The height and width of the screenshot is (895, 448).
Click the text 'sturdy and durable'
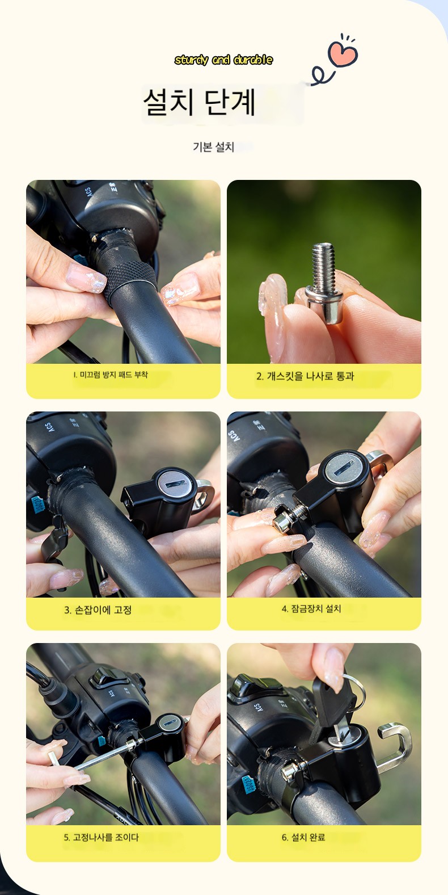tap(223, 60)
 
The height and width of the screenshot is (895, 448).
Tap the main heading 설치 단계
tap(199, 102)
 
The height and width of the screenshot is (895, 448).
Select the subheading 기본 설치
tap(213, 147)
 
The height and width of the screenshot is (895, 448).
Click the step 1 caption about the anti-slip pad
tap(111, 375)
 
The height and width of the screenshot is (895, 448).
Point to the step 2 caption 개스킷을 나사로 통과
tap(305, 376)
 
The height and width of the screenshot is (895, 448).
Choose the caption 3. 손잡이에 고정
tap(98, 610)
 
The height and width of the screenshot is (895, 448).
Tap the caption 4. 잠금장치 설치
tap(311, 608)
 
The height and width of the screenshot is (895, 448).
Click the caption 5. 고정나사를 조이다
tap(101, 837)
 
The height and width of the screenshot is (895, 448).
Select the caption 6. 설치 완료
tap(303, 837)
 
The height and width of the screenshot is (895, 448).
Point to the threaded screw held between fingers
tap(324, 281)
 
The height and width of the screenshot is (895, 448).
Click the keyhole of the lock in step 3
tap(176, 484)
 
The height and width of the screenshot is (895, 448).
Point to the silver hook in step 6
tap(394, 747)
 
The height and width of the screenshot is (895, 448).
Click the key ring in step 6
tap(356, 689)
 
